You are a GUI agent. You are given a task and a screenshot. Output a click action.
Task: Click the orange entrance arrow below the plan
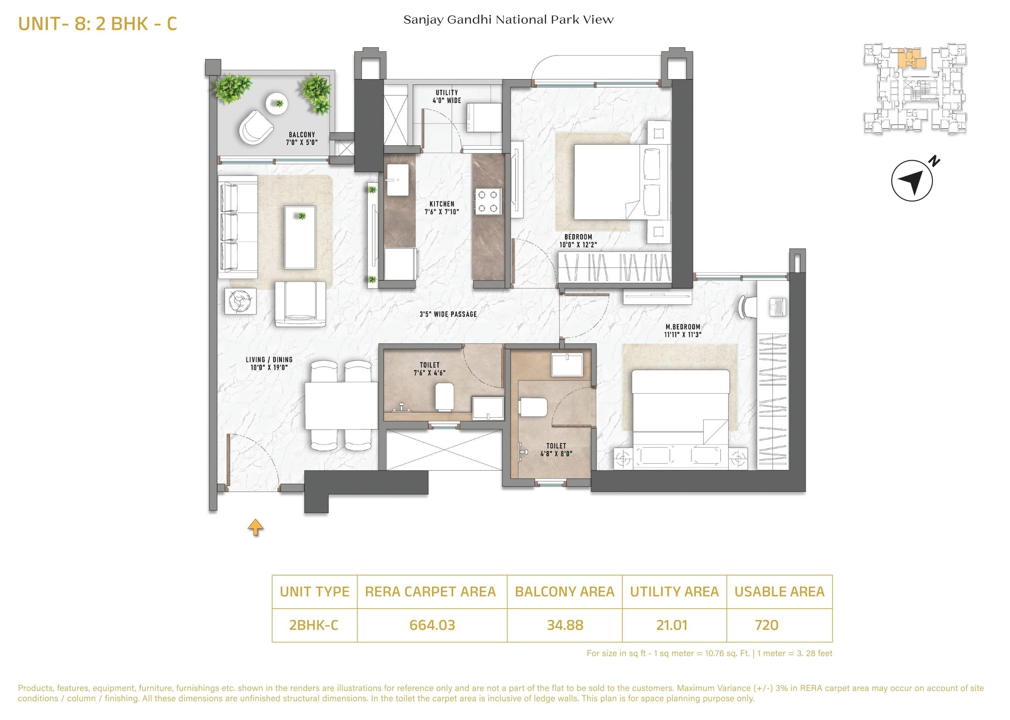[x=256, y=527]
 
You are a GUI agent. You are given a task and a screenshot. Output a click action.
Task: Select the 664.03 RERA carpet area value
[x=432, y=625]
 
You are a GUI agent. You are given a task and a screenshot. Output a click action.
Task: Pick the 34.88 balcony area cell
[x=564, y=625]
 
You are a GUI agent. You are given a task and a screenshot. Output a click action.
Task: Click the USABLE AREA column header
[x=779, y=591]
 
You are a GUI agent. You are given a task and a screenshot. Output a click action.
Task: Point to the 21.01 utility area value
[x=672, y=625]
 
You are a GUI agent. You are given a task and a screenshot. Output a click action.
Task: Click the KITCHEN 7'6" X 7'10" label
[x=442, y=208]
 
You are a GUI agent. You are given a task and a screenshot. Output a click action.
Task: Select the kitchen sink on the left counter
[x=398, y=180]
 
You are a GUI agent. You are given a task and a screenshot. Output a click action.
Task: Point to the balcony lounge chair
[x=256, y=127]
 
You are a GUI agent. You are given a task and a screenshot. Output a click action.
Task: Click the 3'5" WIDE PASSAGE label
[x=448, y=314]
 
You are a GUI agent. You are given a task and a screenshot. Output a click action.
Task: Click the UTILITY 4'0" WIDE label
[x=447, y=96]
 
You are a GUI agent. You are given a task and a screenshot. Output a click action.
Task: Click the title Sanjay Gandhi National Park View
[x=508, y=20]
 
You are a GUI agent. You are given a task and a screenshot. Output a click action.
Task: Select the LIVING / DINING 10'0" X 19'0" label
[x=269, y=363]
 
